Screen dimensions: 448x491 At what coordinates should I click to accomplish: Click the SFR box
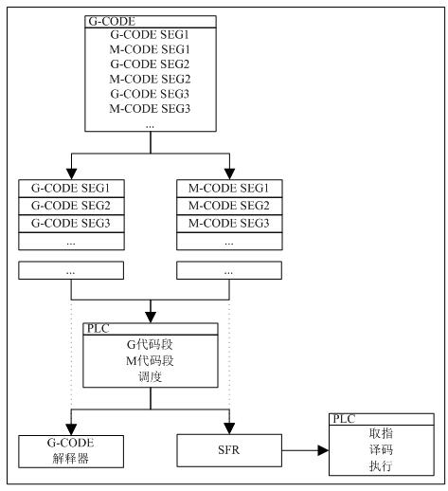[229, 450]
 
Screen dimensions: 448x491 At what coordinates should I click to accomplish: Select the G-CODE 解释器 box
[71, 451]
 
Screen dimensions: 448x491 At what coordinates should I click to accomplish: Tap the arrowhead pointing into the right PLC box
[323, 450]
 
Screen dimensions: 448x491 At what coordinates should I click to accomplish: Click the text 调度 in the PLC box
[151, 376]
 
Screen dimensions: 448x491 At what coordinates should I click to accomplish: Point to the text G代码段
[150, 344]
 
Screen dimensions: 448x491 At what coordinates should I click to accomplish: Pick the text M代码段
[150, 360]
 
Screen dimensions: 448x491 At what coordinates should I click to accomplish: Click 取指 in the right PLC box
[381, 433]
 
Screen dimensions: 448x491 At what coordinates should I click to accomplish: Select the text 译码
[381, 449]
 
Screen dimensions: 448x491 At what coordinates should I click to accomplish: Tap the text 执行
[381, 465]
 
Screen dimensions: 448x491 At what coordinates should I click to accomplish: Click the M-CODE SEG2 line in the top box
[150, 79]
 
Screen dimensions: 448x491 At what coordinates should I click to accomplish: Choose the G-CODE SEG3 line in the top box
[150, 94]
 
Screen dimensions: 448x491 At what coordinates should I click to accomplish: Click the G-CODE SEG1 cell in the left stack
[71, 189]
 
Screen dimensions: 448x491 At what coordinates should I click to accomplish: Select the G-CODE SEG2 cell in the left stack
[71, 206]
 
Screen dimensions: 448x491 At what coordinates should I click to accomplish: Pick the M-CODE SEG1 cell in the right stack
[229, 189]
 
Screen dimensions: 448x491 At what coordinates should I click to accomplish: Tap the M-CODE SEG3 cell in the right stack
[229, 224]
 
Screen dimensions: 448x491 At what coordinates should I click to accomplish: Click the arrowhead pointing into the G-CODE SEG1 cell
[72, 174]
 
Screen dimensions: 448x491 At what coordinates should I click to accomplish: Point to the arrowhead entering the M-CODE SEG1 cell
[229, 174]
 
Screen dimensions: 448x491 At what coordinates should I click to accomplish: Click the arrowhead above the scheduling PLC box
[151, 318]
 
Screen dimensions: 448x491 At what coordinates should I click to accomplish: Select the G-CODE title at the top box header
[112, 22]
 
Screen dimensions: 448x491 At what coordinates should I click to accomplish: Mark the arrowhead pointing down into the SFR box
[229, 428]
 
